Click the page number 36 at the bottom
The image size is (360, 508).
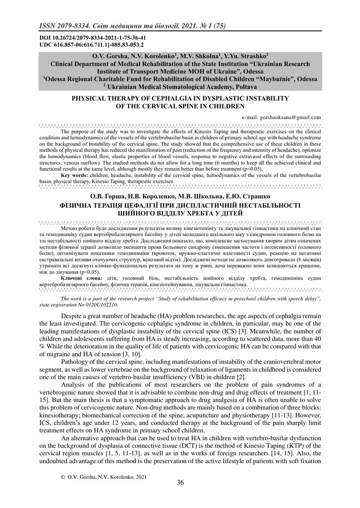click(180, 483)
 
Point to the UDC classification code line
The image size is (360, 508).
click(85, 45)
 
